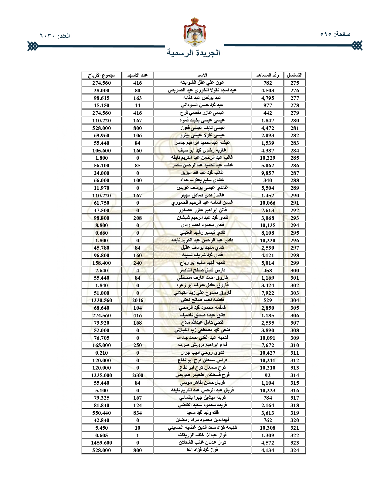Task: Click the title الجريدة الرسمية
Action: point(193,53)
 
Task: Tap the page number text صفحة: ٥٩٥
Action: point(335,34)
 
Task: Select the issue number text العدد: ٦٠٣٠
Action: point(55,36)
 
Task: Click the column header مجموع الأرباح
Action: point(101,75)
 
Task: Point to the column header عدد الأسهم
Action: point(137,75)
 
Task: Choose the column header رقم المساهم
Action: point(267,75)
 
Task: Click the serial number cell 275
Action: point(295,83)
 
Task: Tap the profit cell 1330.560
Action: point(101,300)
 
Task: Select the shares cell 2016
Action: point(137,300)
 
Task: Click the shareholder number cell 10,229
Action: point(267,158)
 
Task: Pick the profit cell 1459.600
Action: point(101,443)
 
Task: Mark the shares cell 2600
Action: point(137,375)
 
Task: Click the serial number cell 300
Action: point(295,271)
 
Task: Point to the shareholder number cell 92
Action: point(267,375)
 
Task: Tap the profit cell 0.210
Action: point(101,353)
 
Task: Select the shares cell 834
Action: point(137,413)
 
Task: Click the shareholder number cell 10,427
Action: point(267,353)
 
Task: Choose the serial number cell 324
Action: point(295,450)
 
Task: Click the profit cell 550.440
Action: point(101,413)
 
